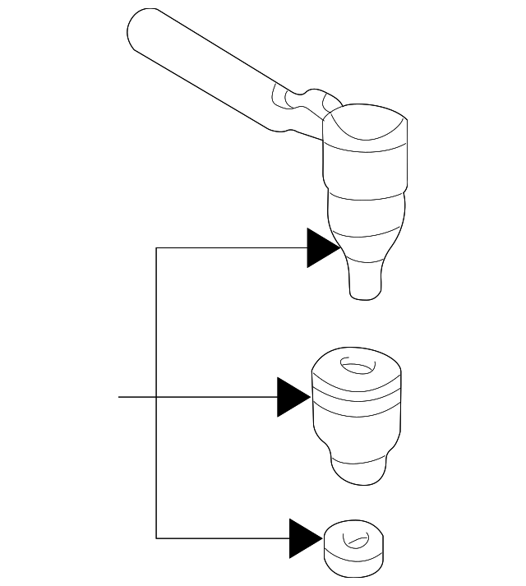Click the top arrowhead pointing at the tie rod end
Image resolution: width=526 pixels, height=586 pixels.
(x=321, y=247)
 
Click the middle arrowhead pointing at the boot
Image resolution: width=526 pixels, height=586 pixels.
(x=293, y=397)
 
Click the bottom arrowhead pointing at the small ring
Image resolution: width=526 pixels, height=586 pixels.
(x=304, y=538)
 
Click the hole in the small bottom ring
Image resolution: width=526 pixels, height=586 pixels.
(x=356, y=542)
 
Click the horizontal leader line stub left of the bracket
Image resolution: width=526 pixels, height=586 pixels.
(x=136, y=397)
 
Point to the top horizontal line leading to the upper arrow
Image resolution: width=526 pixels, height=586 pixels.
(x=230, y=247)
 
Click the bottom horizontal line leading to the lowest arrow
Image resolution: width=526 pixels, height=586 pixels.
(x=222, y=538)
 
